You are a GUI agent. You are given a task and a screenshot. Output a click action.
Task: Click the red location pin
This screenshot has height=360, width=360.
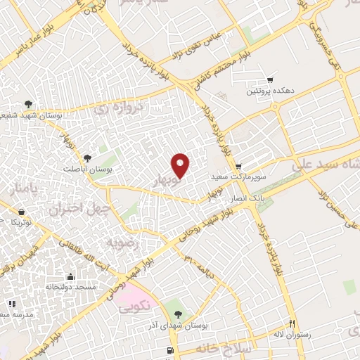(181, 165)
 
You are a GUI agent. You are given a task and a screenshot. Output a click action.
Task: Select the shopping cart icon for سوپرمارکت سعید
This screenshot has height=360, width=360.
(238, 167)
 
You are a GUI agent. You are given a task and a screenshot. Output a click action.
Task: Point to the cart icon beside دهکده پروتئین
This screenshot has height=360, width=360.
(269, 79)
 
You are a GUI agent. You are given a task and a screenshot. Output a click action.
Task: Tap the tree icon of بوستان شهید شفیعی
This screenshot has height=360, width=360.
(28, 104)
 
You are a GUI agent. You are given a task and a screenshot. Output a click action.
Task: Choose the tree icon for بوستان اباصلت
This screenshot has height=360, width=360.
(87, 158)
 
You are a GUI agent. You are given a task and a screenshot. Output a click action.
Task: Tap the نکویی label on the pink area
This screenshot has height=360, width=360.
(134, 307)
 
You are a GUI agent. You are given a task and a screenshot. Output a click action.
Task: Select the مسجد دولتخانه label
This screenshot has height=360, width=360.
(70, 288)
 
